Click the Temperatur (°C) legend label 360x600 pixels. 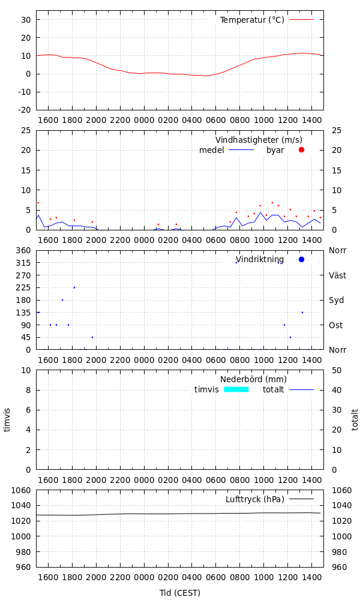click(252, 20)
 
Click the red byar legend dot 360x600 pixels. click(301, 149)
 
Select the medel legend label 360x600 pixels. click(211, 150)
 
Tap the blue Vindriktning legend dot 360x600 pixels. click(301, 259)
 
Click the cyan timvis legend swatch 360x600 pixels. click(236, 389)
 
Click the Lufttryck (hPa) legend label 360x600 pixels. click(255, 499)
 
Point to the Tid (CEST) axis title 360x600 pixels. click(180, 593)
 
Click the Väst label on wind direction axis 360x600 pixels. click(337, 275)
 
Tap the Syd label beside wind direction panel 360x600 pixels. click(336, 300)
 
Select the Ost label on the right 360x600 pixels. click(336, 325)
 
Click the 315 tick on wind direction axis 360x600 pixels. click(24, 263)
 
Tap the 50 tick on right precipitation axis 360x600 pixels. click(338, 370)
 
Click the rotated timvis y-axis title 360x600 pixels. click(7, 420)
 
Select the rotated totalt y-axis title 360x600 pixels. click(355, 420)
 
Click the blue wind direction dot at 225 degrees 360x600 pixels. click(74, 287)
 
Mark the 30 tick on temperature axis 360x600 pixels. click(26, 19)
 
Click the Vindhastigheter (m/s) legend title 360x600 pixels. click(259, 140)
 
